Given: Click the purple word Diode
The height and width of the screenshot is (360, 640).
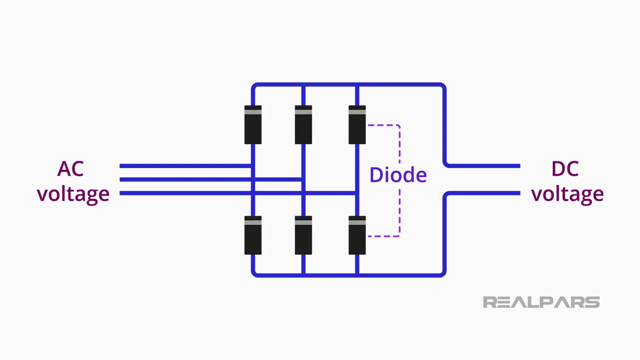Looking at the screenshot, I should click(x=398, y=175).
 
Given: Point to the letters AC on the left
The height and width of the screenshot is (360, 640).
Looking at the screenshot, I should click(x=70, y=169).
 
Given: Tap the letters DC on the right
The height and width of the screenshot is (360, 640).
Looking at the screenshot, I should click(x=565, y=169).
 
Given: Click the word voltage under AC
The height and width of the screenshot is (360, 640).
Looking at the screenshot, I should click(x=73, y=194).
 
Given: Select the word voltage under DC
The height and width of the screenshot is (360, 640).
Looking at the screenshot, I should click(x=567, y=194).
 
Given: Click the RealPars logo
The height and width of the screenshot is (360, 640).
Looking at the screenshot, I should click(x=541, y=302).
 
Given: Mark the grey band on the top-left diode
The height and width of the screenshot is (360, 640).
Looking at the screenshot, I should click(x=253, y=112).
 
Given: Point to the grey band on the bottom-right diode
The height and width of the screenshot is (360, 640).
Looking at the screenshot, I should click(x=357, y=222).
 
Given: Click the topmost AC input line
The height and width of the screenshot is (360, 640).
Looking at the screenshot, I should click(x=183, y=166).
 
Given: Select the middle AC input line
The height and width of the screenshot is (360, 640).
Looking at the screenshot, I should click(x=183, y=179).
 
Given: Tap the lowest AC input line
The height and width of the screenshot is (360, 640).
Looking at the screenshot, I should click(x=183, y=193).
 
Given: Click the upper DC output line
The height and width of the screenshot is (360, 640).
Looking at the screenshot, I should click(x=483, y=166).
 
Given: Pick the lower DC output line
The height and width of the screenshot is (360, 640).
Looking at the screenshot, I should click(x=483, y=193).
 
